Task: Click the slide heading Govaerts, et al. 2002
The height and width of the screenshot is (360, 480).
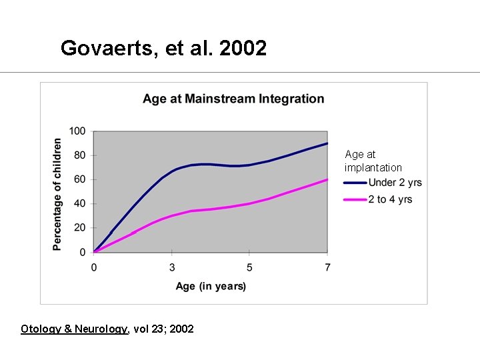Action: [163, 48]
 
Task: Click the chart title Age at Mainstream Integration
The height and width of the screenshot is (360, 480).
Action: [233, 99]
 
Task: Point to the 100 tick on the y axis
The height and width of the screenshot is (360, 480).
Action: [77, 131]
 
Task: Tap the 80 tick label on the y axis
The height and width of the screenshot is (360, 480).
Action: [80, 155]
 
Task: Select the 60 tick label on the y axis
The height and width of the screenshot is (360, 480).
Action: [80, 179]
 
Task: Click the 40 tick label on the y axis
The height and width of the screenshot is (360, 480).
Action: [80, 204]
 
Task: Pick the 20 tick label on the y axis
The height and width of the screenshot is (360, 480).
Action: [80, 228]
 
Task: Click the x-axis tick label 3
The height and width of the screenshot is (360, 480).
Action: [172, 267]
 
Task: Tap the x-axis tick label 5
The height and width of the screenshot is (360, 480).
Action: [249, 267]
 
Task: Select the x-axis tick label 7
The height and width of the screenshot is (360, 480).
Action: [327, 267]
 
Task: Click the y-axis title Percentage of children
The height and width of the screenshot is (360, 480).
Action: [57, 194]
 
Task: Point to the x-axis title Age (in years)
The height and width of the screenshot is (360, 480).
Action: [211, 286]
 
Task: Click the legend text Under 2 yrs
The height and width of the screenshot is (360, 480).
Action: [395, 183]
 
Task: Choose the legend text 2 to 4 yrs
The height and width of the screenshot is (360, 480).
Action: [390, 199]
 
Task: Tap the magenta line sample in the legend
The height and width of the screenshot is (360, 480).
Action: [355, 199]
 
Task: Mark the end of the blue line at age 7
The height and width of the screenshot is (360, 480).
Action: [327, 143]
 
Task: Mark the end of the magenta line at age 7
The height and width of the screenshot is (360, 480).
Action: [327, 179]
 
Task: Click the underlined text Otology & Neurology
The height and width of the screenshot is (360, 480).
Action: [74, 329]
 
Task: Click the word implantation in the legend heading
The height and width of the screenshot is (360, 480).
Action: [373, 167]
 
